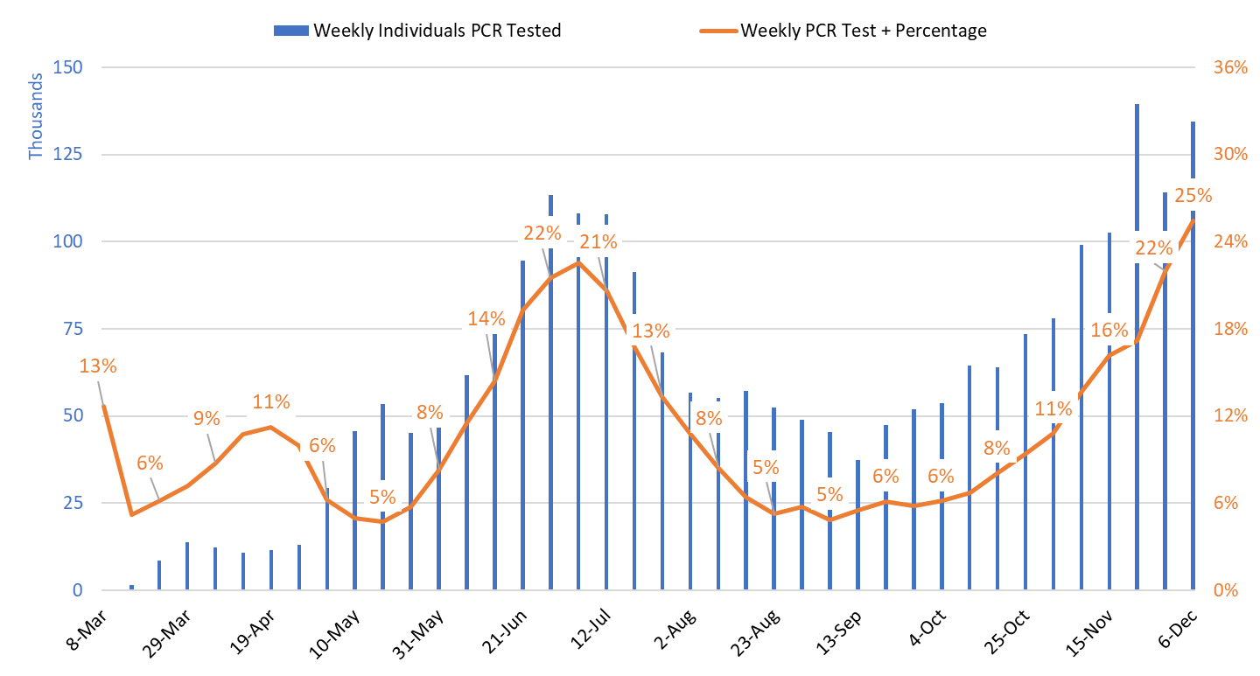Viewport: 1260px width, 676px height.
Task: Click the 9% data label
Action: (x=206, y=418)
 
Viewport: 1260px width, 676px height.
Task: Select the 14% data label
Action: (x=486, y=318)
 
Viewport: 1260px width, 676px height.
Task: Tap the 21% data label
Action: (x=598, y=241)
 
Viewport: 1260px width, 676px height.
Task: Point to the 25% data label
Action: (x=1193, y=196)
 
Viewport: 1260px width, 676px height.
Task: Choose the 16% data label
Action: (x=1109, y=330)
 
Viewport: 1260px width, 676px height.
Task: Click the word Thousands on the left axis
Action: (x=36, y=116)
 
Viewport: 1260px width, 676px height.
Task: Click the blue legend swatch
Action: (x=291, y=31)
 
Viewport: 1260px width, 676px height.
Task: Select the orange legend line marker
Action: (x=718, y=31)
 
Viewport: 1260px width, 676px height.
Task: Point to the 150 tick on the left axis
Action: (x=67, y=67)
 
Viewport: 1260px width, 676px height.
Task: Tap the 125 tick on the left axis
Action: (x=67, y=155)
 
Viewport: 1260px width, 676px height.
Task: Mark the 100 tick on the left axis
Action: (x=67, y=241)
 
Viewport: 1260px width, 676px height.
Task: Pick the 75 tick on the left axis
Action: (x=72, y=329)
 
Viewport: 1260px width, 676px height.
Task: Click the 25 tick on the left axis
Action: (x=72, y=503)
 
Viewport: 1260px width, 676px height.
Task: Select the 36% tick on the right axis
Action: (x=1229, y=67)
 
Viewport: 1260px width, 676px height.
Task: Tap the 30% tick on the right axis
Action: (x=1229, y=155)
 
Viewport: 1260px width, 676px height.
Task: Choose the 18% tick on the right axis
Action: (x=1229, y=329)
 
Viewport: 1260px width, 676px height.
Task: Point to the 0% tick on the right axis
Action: (x=1225, y=590)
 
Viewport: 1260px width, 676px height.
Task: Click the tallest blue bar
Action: (x=1137, y=350)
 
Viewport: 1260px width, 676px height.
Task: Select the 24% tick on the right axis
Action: (x=1229, y=241)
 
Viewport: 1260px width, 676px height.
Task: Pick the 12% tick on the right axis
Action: (x=1229, y=415)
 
